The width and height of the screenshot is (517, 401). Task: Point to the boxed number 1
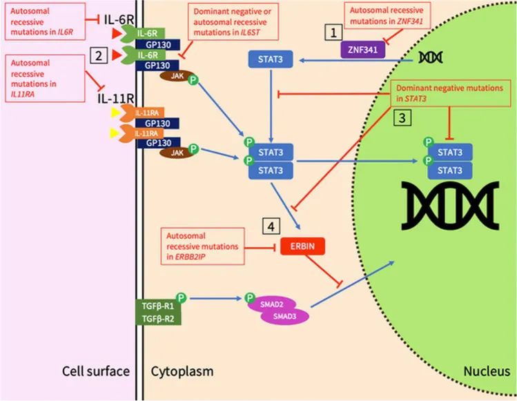click(335, 32)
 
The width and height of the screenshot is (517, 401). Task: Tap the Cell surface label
click(96, 371)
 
